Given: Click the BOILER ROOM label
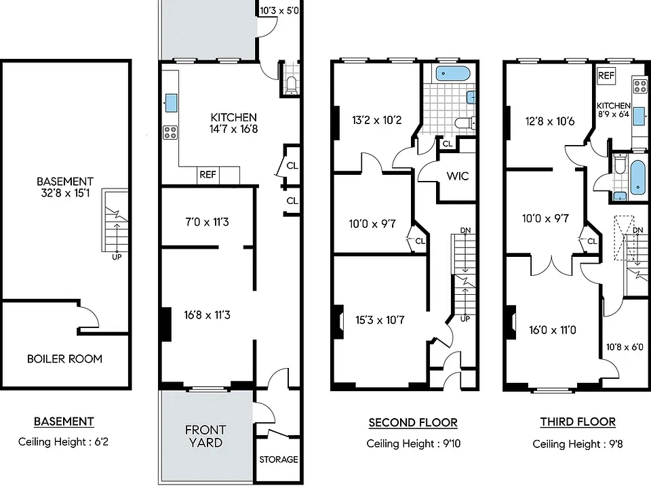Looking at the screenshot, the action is [x=64, y=359].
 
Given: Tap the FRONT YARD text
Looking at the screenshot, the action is [x=205, y=436].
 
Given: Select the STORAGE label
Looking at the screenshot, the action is [x=279, y=460].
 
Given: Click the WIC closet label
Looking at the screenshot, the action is [x=458, y=176].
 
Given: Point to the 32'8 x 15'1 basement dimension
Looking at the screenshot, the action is [x=65, y=193].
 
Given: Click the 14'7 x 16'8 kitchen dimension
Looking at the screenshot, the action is [x=233, y=129].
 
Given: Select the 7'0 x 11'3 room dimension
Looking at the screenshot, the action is [x=207, y=222].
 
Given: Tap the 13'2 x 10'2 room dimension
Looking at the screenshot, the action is [x=376, y=121].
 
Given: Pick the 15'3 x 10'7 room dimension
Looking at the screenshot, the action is [x=380, y=320].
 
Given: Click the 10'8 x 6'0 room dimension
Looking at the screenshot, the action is [x=625, y=347].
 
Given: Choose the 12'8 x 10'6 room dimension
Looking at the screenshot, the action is [x=550, y=121].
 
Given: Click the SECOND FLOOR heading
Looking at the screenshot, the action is [x=413, y=423].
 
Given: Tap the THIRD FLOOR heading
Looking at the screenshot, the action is [x=578, y=422].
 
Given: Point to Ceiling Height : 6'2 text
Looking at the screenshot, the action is [x=63, y=441].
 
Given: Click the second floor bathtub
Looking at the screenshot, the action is [x=452, y=74].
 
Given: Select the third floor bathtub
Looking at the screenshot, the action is [x=638, y=178].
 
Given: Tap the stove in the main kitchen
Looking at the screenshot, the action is [x=170, y=132].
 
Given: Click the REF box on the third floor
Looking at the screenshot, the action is [x=606, y=75].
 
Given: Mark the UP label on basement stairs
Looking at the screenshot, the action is [x=117, y=257].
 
